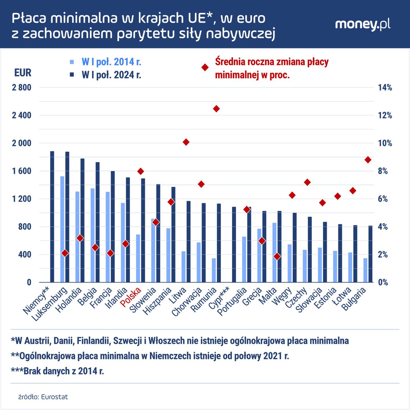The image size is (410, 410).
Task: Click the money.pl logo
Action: [362, 25]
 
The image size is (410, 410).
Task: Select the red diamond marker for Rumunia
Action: [216, 109]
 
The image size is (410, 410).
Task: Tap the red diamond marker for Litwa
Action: [186, 142]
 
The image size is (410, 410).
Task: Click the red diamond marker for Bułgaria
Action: [368, 160]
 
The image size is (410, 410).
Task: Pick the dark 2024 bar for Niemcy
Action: [52, 217]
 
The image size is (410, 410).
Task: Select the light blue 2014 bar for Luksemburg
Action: [62, 229]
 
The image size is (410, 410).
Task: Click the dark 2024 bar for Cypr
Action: [234, 245]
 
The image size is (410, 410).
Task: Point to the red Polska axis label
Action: [131, 298]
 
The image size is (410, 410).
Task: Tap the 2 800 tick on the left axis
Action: [22, 88]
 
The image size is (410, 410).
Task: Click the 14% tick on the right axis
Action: [385, 88]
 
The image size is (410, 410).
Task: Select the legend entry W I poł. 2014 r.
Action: [111, 62]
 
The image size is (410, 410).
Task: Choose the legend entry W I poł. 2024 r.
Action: [111, 75]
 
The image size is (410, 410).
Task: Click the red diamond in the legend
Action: [205, 67]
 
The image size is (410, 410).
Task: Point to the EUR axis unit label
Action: [23, 73]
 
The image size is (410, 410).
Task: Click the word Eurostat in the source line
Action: [54, 397]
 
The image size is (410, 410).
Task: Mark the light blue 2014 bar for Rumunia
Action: [214, 270]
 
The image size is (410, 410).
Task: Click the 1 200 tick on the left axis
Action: [22, 199]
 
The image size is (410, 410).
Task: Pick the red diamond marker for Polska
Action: [141, 171]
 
